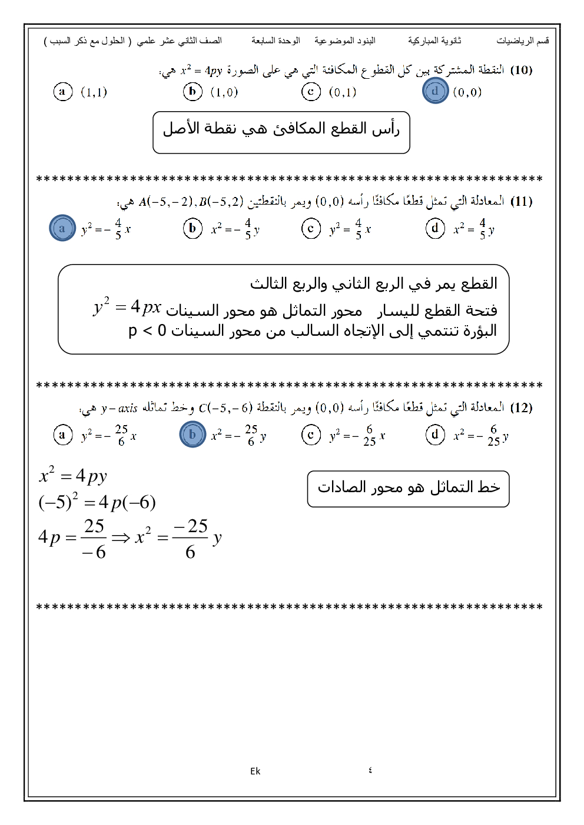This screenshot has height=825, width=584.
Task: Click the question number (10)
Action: [521, 70]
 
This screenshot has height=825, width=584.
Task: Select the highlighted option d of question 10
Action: [435, 91]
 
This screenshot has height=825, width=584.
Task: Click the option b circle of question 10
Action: [193, 91]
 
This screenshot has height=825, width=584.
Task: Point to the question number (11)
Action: [521, 201]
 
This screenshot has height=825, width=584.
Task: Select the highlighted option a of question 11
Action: [62, 228]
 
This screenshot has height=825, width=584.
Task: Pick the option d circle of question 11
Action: [435, 228]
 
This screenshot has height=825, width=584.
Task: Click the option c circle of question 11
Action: [311, 228]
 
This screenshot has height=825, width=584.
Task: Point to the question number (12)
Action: [521, 408]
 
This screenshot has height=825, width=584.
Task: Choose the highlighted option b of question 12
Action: [193, 435]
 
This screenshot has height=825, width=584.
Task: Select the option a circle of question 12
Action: [62, 435]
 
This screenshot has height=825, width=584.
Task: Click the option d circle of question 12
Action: [435, 435]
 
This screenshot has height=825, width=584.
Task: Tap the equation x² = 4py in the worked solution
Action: [73, 475]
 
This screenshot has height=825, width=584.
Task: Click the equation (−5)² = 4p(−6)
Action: [97, 502]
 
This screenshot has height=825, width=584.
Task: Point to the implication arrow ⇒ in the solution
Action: [121, 537]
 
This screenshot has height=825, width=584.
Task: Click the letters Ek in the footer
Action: [255, 771]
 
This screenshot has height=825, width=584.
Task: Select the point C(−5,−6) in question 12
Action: [225, 408]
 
